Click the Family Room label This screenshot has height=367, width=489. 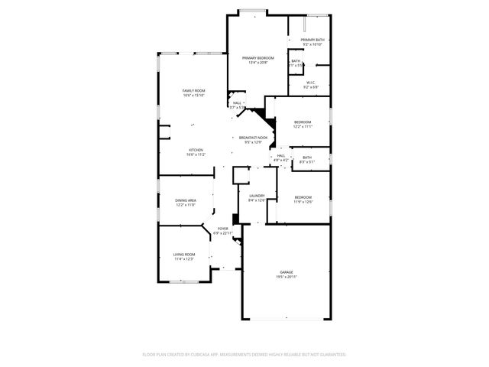pyautogui.click(x=193, y=90)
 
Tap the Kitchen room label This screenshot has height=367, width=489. pyautogui.click(x=196, y=150)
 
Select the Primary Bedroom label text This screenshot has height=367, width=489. pyautogui.click(x=258, y=58)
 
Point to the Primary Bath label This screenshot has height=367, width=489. pyautogui.click(x=313, y=40)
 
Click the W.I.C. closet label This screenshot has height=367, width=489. pyautogui.click(x=312, y=83)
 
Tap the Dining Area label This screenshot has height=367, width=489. pyautogui.click(x=186, y=200)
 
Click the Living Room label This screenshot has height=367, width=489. pyautogui.click(x=183, y=254)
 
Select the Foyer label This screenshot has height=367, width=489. pyautogui.click(x=223, y=229)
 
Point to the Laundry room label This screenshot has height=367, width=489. pyautogui.click(x=257, y=196)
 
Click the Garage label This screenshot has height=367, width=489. pyautogui.click(x=287, y=272)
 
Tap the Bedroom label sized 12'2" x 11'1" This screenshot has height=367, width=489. pyautogui.click(x=303, y=122)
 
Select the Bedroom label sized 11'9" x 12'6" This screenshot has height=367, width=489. pyautogui.click(x=303, y=196)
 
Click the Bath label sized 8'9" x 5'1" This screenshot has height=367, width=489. pyautogui.click(x=306, y=158)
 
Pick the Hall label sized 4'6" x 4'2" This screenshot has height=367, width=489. pyautogui.click(x=281, y=155)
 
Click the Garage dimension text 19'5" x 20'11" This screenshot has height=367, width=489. pyautogui.click(x=287, y=277)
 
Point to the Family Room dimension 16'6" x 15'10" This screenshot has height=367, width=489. pyautogui.click(x=193, y=96)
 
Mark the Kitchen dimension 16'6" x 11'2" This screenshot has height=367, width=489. pyautogui.click(x=196, y=154)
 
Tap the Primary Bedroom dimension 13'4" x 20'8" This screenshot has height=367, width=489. pyautogui.click(x=258, y=63)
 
